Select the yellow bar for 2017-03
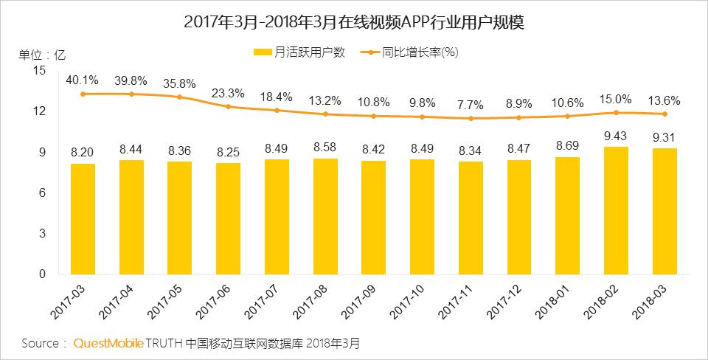83,218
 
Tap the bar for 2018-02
616,210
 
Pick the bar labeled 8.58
325,216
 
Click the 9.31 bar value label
664,137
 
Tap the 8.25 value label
229,151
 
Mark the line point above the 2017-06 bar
229,107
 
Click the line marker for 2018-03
664,114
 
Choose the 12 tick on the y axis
39,111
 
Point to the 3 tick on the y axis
42,233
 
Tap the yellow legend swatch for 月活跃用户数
263,52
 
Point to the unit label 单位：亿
42,55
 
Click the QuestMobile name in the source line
108,344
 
